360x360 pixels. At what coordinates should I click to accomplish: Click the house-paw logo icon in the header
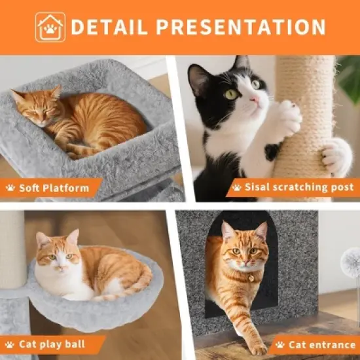click(x=50, y=27)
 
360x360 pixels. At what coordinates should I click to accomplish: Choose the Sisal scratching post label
click(x=293, y=189)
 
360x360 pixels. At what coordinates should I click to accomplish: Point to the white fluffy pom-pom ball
click(x=352, y=262)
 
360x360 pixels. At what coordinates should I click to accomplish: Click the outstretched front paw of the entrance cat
click(x=259, y=348)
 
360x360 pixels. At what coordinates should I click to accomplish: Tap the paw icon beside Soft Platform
click(x=10, y=189)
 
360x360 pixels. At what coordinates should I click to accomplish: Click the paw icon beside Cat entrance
click(x=280, y=344)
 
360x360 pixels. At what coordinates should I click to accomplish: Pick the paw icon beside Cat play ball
click(x=10, y=344)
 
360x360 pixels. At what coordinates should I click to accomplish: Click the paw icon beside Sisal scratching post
click(x=236, y=189)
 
